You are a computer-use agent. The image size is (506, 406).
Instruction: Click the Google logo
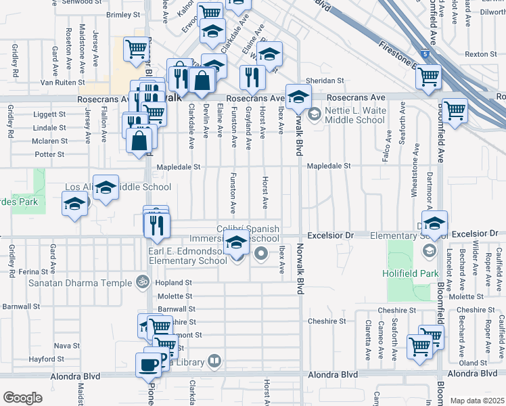(x=22, y=398)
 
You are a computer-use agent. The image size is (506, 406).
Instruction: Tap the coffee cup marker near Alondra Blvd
(x=149, y=365)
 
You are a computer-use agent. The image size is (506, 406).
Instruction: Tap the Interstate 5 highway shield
(x=424, y=53)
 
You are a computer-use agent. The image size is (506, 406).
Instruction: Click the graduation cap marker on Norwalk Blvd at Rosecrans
(x=298, y=97)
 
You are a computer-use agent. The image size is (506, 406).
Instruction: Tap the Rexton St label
(x=481, y=54)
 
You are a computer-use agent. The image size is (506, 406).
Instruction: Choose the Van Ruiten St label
(x=61, y=83)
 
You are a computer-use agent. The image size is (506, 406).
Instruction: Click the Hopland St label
(x=175, y=283)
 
